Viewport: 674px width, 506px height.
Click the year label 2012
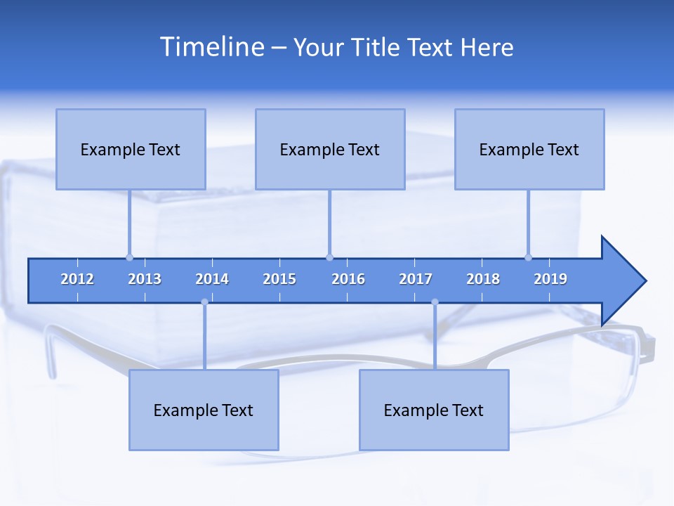point(77,279)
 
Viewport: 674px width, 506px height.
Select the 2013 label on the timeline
point(145,279)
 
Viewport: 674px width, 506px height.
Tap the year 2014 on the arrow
point(212,279)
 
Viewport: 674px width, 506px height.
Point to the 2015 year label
point(279,279)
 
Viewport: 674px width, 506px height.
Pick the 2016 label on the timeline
point(348,279)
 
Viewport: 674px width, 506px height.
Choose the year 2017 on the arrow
point(416,279)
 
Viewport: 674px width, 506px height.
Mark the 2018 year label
point(483,279)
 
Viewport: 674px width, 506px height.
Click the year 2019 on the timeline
point(550,279)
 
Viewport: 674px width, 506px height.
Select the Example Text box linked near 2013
point(131,149)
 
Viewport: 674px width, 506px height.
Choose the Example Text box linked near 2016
point(330,149)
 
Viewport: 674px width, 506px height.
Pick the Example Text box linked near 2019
point(529,149)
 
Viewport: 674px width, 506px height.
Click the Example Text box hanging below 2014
point(204,410)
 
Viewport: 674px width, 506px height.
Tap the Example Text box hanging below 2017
point(434,410)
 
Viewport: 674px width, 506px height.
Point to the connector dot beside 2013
point(129,257)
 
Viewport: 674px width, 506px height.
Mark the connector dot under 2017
point(435,302)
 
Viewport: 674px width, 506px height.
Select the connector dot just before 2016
point(329,257)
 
